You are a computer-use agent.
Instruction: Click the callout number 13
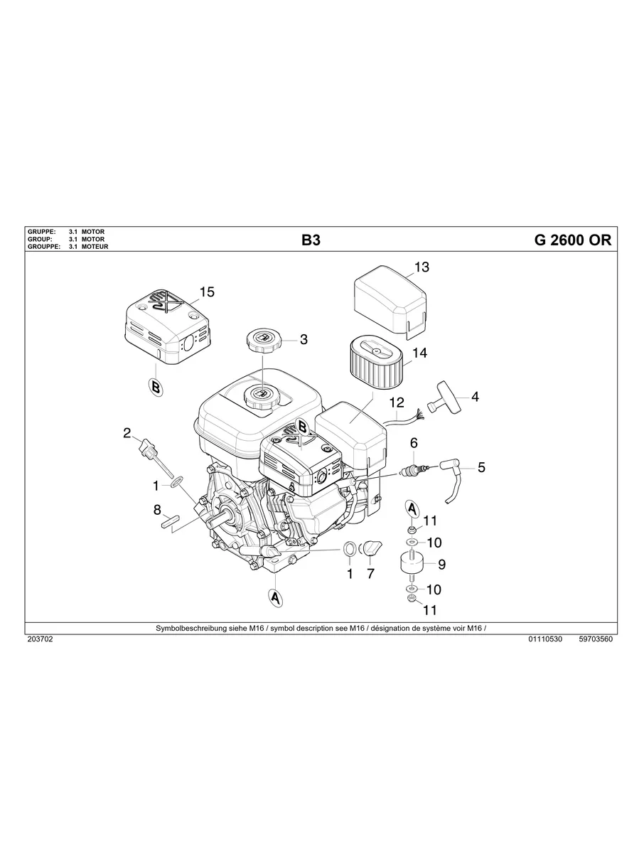[422, 267]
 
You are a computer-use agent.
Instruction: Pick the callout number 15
[206, 292]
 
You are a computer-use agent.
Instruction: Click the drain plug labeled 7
[372, 549]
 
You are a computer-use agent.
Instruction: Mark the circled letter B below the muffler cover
[155, 386]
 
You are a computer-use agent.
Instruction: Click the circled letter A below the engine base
[275, 598]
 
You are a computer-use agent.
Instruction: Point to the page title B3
[311, 240]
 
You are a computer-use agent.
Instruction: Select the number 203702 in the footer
[40, 639]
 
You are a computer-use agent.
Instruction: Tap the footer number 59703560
[596, 639]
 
